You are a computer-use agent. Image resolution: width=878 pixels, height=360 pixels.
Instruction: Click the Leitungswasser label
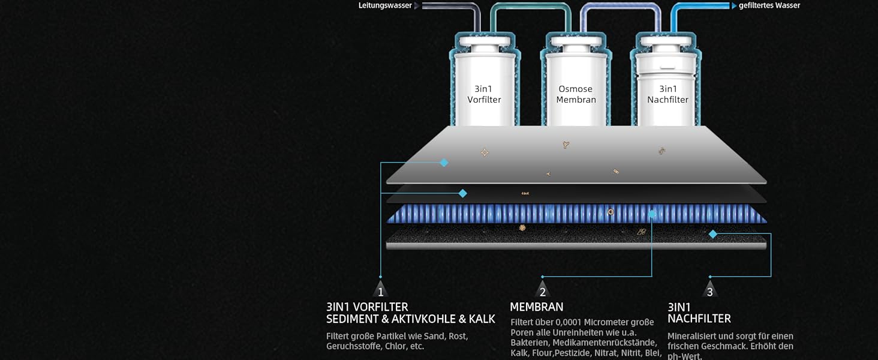click(x=385, y=6)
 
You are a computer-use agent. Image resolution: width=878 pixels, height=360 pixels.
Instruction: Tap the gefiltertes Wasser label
click(x=769, y=6)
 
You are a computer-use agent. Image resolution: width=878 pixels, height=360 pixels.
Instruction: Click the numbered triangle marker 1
click(x=381, y=289)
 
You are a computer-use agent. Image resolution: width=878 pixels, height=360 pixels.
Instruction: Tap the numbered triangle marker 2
click(x=543, y=289)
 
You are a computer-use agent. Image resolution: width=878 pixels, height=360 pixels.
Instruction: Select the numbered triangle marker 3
click(x=710, y=289)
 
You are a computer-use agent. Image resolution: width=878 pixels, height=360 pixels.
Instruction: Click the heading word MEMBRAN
click(x=537, y=307)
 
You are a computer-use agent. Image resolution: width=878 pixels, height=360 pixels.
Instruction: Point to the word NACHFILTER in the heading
click(x=699, y=319)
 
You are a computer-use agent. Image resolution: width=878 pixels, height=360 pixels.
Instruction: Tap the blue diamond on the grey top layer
click(x=444, y=163)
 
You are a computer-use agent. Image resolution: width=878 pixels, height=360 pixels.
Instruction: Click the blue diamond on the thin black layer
click(x=463, y=193)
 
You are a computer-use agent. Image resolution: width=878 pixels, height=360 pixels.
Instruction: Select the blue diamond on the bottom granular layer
click(x=713, y=234)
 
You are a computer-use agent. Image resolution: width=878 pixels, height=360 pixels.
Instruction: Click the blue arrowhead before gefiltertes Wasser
click(x=734, y=6)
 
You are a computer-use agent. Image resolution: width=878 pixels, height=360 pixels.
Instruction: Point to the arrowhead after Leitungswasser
click(x=417, y=6)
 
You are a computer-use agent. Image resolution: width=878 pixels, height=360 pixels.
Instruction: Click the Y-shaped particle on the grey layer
click(x=566, y=145)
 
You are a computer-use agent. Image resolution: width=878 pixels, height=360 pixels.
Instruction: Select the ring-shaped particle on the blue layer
click(x=611, y=212)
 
